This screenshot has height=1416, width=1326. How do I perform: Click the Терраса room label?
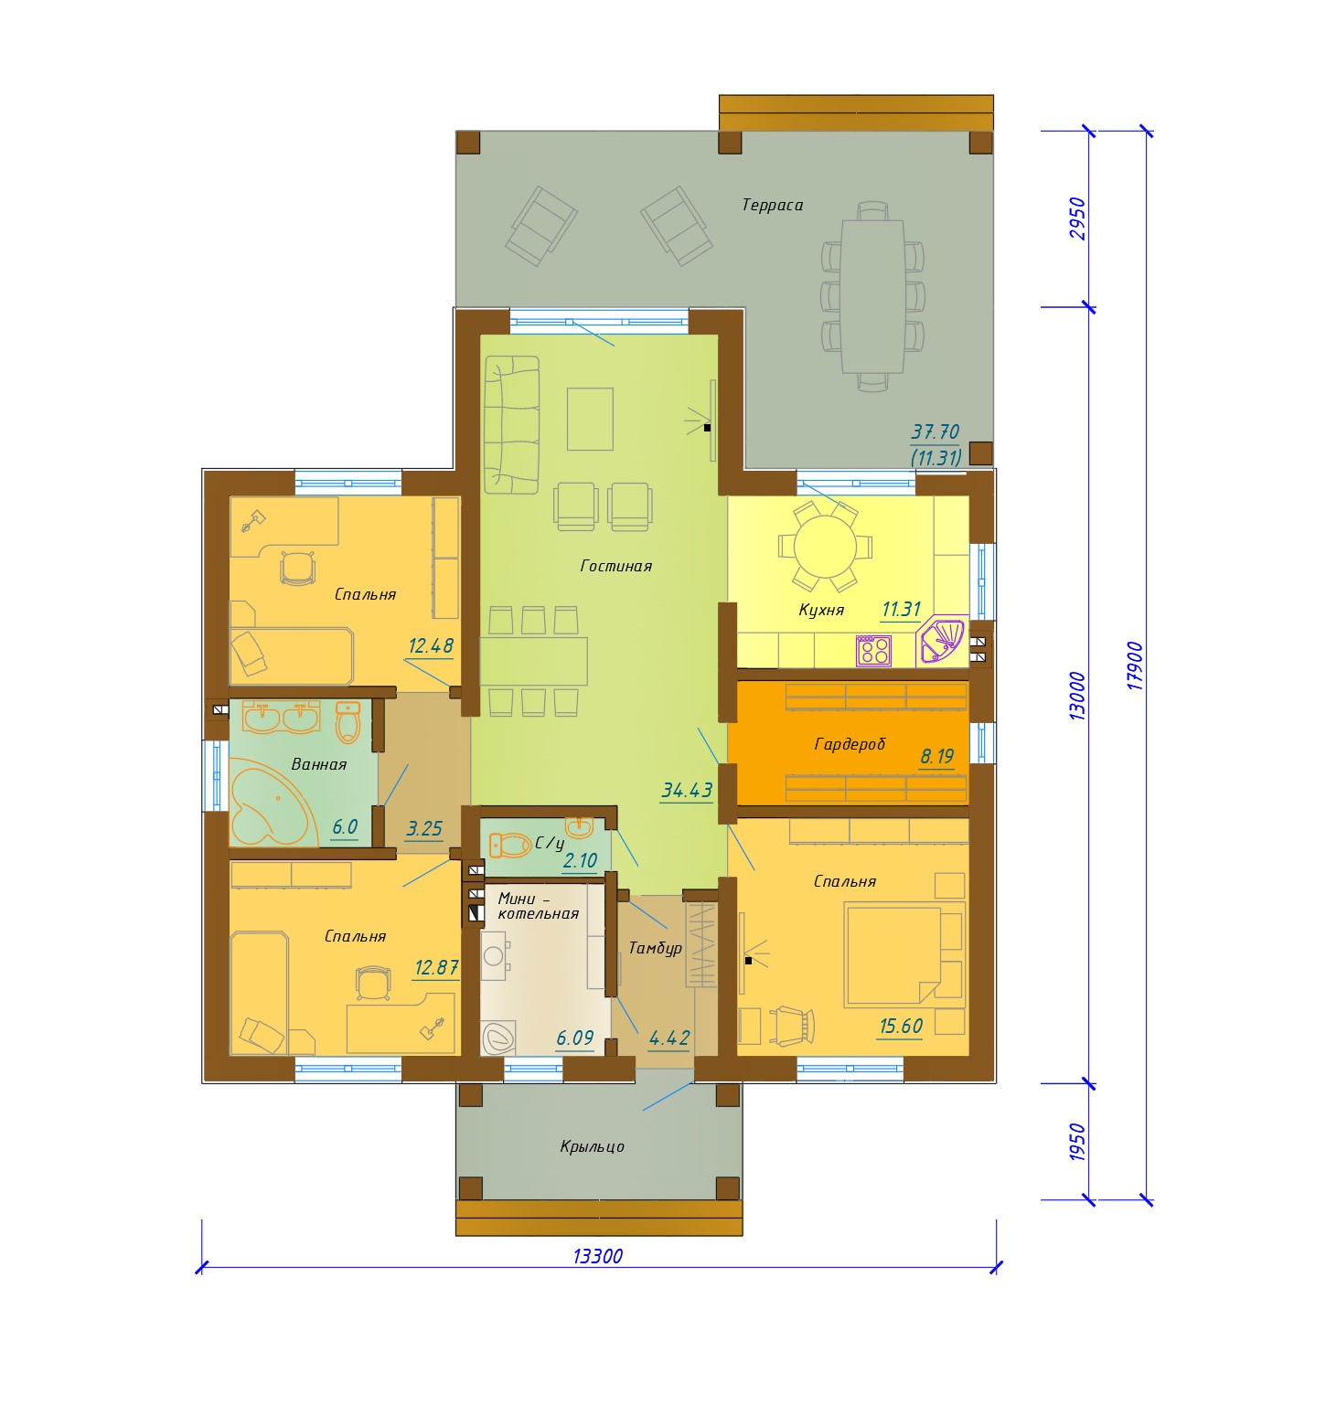pyautogui.click(x=773, y=206)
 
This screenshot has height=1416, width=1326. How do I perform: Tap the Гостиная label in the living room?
pyautogui.click(x=616, y=566)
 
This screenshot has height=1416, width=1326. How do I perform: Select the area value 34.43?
pyautogui.click(x=687, y=790)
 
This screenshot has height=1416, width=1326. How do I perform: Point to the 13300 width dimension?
pyautogui.click(x=598, y=1256)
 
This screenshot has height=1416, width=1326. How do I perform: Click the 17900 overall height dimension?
pyautogui.click(x=1135, y=665)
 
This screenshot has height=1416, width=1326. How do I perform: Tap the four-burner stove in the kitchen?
pyautogui.click(x=873, y=650)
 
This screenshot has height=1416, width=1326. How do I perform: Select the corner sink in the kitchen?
pyautogui.click(x=941, y=641)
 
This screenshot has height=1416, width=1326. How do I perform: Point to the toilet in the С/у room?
pyautogui.click(x=510, y=846)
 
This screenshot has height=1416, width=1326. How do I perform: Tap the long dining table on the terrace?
pyautogui.click(x=872, y=296)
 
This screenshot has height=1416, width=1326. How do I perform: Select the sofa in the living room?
pyautogui.click(x=511, y=425)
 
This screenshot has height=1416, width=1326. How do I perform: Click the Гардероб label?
pyautogui.click(x=850, y=745)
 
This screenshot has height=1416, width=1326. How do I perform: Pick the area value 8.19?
pyautogui.click(x=937, y=757)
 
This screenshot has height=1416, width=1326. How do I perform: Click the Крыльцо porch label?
pyautogui.click(x=593, y=1146)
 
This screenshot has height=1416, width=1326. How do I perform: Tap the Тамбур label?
pyautogui.click(x=656, y=948)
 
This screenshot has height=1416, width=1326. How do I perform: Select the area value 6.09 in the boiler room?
pyautogui.click(x=575, y=1038)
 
